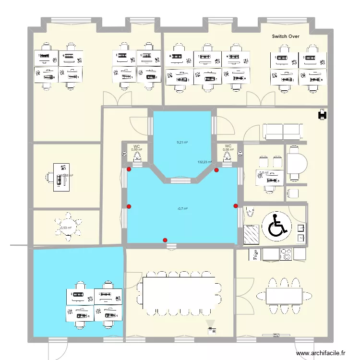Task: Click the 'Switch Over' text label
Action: pyautogui.click(x=286, y=36)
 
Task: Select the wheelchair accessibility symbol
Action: pyautogui.click(x=277, y=226)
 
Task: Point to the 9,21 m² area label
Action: pyautogui.click(x=182, y=142)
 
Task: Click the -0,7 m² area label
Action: pyautogui.click(x=182, y=208)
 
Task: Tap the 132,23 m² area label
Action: pyautogui.click(x=205, y=162)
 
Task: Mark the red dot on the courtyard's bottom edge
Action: pyautogui.click(x=165, y=240)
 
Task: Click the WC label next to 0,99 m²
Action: pyautogui.click(x=137, y=146)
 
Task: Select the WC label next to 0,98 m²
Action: pyautogui.click(x=228, y=146)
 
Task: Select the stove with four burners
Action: pyautogui.click(x=287, y=254)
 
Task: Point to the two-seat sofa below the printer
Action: pyautogui.click(x=283, y=132)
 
